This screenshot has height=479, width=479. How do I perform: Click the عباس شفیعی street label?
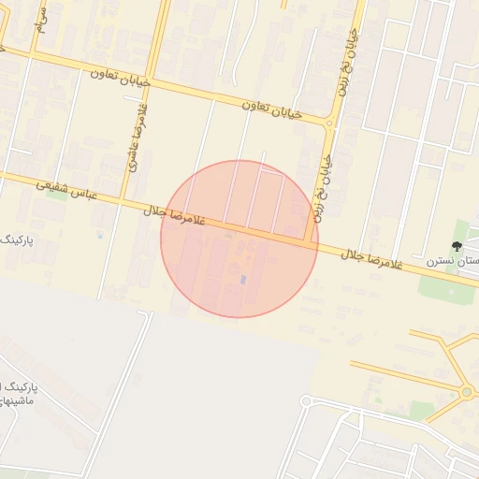[x=68, y=193]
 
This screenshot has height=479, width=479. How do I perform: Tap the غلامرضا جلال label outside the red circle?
[x=372, y=260]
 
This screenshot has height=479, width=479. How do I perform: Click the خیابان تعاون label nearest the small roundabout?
[x=273, y=109]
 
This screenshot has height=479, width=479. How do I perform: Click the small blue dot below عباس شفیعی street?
[x=101, y=235]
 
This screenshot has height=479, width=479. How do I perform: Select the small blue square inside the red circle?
[x=243, y=279]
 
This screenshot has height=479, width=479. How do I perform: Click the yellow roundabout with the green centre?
[x=467, y=392]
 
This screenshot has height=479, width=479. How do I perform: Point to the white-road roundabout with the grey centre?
[x=305, y=402]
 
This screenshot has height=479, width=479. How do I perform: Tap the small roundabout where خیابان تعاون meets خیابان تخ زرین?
[x=329, y=123]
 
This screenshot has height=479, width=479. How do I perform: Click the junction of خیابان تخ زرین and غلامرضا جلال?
[x=309, y=240]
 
